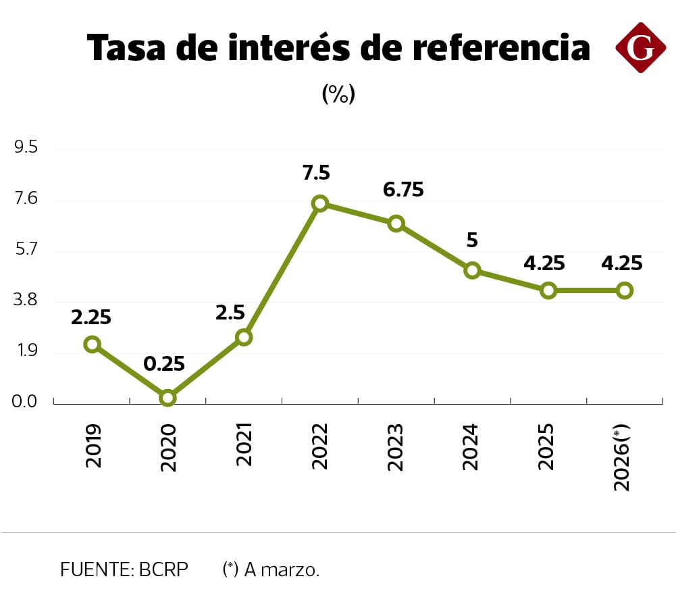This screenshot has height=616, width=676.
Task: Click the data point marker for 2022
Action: point(320,203)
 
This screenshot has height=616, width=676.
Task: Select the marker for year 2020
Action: point(168,398)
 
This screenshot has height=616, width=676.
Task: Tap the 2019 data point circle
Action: point(93,344)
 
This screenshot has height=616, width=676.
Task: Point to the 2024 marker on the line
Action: point(472,271)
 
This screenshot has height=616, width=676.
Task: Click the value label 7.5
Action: point(316,173)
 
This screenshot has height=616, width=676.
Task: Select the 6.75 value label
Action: point(403,190)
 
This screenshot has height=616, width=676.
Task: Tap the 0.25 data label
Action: point(164,364)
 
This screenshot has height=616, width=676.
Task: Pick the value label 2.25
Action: point(91,317)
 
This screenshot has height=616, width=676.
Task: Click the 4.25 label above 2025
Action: point(544,263)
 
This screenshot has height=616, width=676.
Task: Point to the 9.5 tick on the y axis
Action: point(26,148)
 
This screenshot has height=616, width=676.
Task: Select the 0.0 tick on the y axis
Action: point(26,402)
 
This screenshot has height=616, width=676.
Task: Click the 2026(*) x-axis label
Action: point(623,457)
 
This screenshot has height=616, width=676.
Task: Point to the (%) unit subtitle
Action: point(338,94)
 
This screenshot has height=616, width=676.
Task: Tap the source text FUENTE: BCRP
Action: point(124,569)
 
